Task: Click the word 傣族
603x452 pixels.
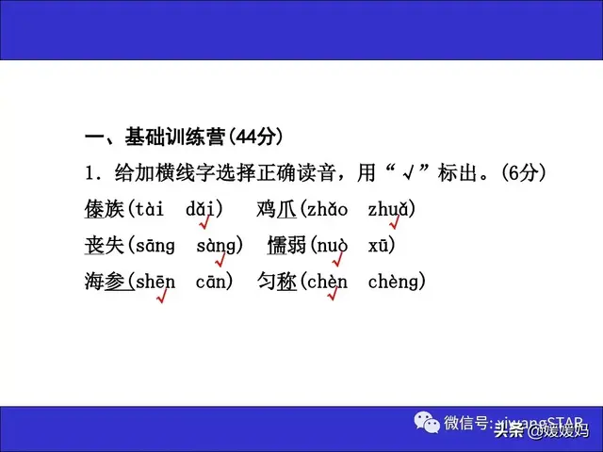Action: point(104,209)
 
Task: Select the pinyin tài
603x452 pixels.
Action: point(148,209)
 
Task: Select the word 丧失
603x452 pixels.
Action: point(104,245)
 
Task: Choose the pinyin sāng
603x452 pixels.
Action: point(155,246)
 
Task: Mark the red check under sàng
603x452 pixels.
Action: point(219,259)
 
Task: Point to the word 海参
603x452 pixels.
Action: point(105,281)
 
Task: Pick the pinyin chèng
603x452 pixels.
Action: point(393,282)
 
